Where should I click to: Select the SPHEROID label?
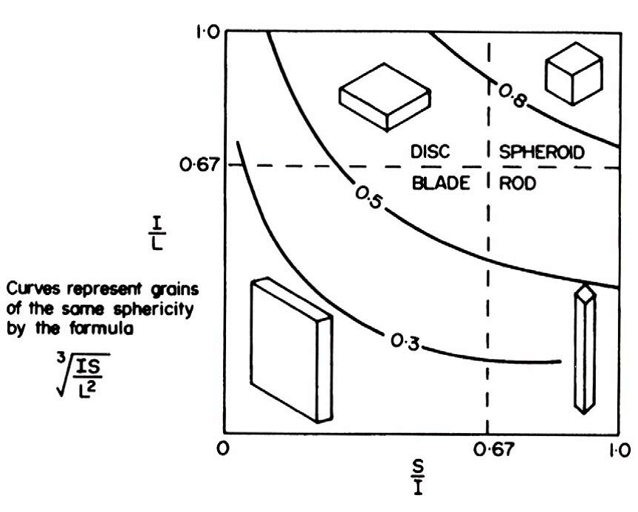542,153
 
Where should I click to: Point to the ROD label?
518,184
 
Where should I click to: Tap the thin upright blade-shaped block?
291,350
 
